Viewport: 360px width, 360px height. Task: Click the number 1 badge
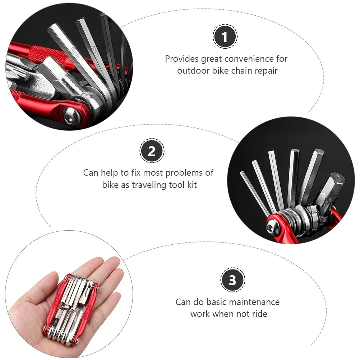click(x=225, y=37)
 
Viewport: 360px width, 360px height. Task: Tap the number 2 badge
click(x=152, y=151)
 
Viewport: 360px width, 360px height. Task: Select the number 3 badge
click(x=232, y=280)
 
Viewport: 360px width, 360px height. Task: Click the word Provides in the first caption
click(x=181, y=59)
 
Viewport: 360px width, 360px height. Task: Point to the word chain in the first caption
click(x=241, y=70)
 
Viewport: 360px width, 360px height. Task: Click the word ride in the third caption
click(x=260, y=314)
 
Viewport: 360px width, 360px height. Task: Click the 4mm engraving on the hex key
click(x=96, y=51)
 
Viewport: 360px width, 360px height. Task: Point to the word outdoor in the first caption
click(x=193, y=70)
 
